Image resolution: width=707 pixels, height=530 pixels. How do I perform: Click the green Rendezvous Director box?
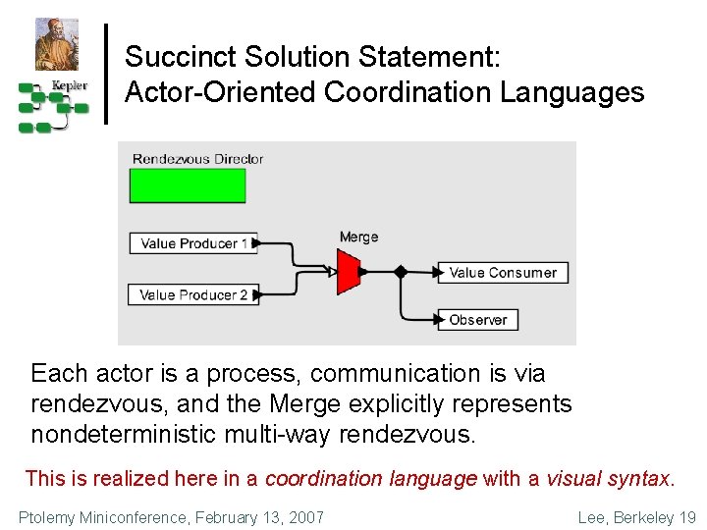(187, 185)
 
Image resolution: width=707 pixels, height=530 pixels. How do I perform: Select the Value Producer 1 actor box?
(193, 242)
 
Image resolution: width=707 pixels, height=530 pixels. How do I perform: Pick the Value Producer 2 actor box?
(193, 293)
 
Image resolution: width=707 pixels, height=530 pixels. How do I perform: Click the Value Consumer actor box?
(504, 272)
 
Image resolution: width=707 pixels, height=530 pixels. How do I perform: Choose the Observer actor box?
(478, 319)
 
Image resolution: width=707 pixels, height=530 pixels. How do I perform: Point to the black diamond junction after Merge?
(400, 272)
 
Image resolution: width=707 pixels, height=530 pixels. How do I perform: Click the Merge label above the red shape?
(358, 237)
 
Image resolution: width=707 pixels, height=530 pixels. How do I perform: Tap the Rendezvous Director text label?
(197, 159)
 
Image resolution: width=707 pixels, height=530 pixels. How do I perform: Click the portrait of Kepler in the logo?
(56, 44)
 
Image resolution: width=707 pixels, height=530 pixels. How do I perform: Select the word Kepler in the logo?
(69, 85)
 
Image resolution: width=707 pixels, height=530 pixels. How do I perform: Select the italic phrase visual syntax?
(608, 479)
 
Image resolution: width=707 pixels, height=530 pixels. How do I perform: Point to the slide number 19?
(686, 517)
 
